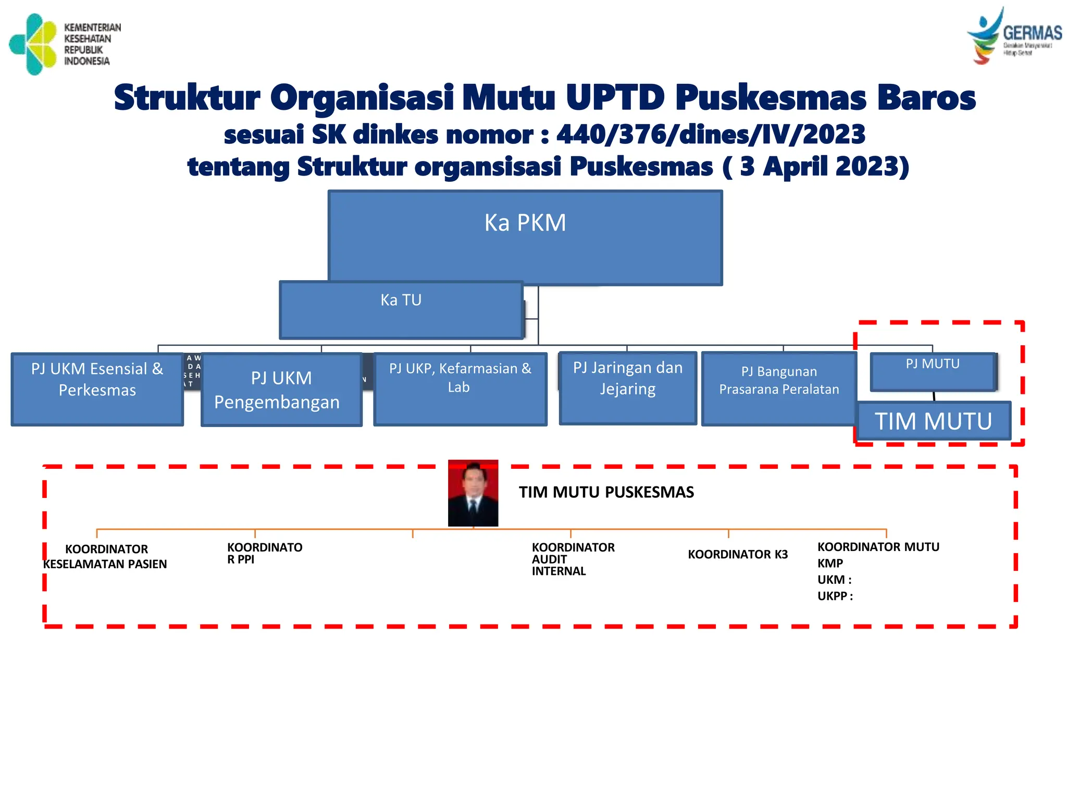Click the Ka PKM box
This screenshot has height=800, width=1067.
pos(525,237)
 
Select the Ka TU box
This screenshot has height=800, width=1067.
pos(401,310)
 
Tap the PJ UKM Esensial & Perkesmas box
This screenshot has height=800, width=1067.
pos(97,389)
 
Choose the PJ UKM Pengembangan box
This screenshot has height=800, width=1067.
pos(281,390)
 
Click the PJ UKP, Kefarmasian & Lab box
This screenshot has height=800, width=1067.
pos(460,389)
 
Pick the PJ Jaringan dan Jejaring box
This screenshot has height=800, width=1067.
pos(628,388)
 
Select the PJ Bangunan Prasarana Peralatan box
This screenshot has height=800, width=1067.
pos(779,389)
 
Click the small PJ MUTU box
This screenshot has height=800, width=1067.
pos(933,371)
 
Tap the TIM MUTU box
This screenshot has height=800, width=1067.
pos(934,421)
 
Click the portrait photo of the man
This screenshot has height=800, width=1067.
pos(473,493)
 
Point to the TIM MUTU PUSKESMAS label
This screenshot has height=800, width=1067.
pos(606,492)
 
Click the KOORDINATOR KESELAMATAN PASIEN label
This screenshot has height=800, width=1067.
pos(106,556)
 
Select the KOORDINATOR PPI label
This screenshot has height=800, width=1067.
pos(265,553)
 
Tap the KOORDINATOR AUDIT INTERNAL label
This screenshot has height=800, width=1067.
pos(573,559)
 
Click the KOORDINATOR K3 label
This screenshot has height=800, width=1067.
pos(738,554)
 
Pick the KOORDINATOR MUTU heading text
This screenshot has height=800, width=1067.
pos(878,547)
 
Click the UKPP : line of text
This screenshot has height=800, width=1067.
pos(835,596)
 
